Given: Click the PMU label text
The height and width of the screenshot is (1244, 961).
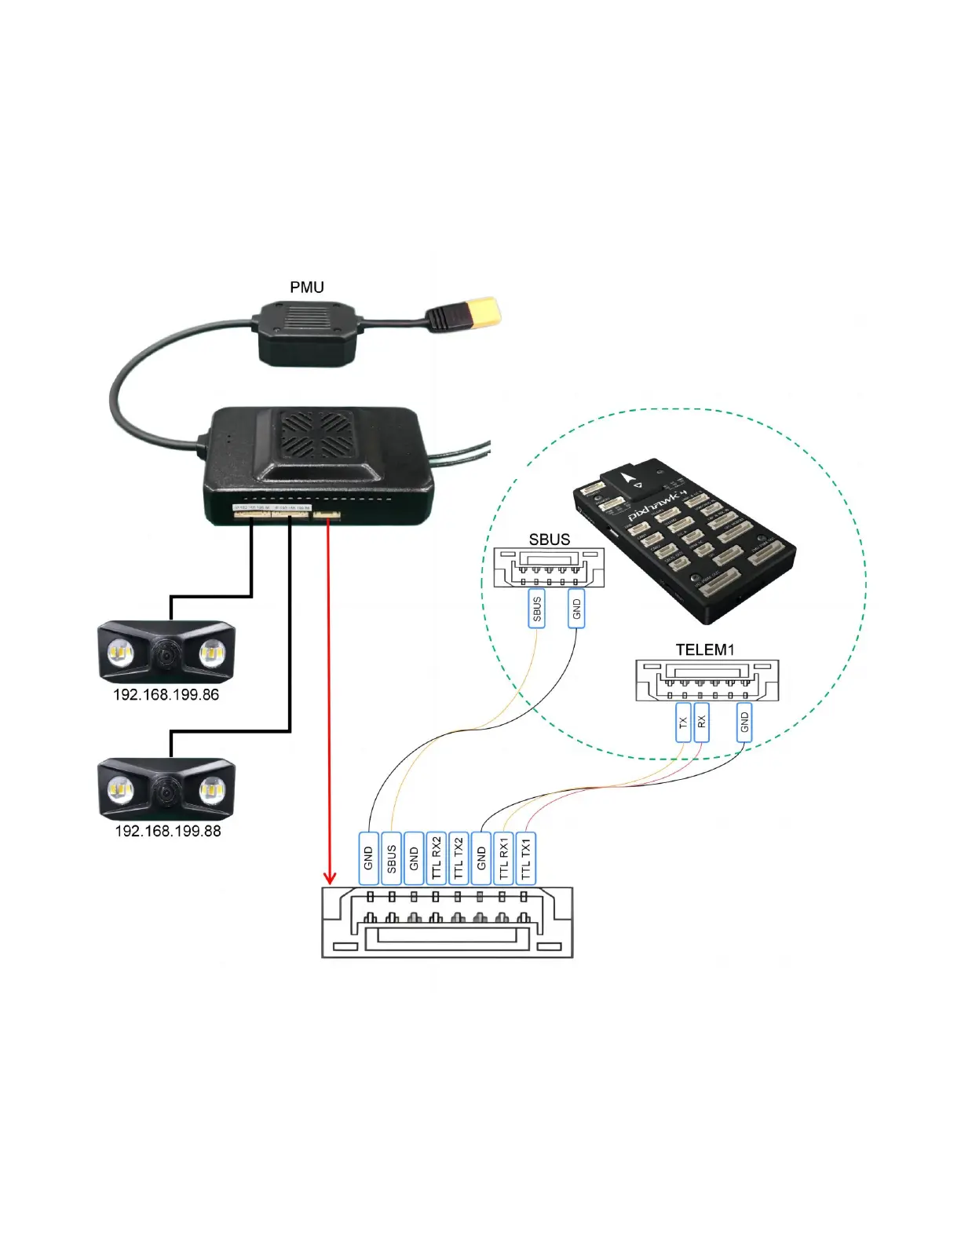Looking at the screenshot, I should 307,287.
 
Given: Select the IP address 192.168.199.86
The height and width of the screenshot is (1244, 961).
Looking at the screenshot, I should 166,695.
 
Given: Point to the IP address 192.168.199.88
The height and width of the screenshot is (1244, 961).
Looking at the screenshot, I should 167,831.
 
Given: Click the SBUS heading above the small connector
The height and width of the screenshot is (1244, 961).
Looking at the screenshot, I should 549,540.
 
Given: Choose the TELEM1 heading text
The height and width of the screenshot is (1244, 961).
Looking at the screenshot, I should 705,649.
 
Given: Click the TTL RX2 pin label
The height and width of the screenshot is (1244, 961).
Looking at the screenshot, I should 437,858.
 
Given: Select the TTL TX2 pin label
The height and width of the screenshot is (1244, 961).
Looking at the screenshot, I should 459,858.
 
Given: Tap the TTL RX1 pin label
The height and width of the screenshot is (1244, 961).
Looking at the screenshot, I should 504,858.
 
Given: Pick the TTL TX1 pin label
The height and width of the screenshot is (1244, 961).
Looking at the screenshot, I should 526,858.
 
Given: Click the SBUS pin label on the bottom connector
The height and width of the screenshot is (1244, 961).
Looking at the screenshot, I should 391,858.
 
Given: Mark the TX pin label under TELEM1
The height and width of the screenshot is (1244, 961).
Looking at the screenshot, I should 683,723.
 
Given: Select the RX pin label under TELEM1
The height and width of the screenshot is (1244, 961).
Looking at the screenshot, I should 702,723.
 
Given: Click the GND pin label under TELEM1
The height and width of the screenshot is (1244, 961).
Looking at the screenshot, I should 744,723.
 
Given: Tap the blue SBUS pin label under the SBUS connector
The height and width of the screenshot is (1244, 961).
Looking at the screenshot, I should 537,609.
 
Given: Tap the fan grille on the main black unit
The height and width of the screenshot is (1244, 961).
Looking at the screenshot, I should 316,435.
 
